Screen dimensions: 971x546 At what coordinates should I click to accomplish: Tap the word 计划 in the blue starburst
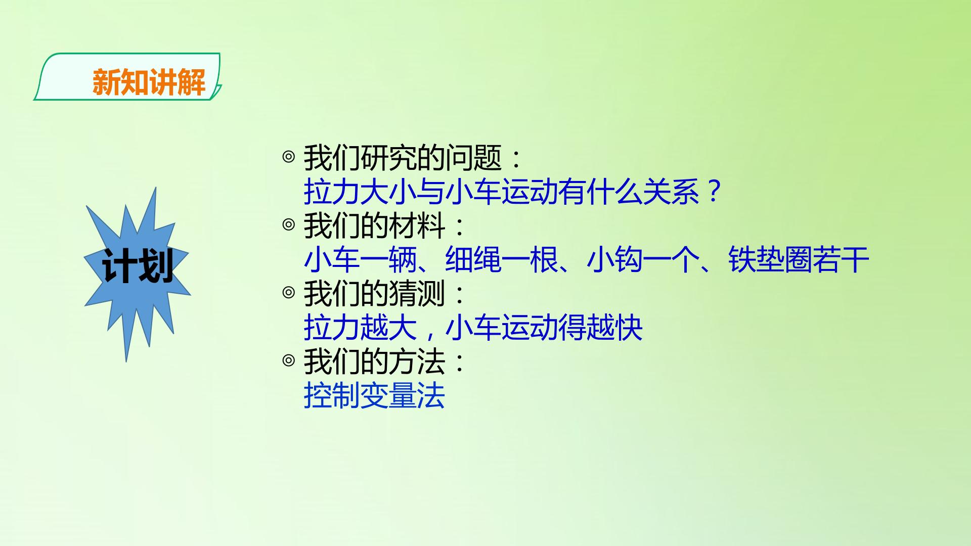pos(138,266)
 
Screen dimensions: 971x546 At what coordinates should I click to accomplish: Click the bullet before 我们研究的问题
pos(288,157)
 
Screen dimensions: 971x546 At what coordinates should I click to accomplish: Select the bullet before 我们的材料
pos(288,224)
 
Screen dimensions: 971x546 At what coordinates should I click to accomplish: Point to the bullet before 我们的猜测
pos(288,293)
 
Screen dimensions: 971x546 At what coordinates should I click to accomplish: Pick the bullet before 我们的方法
pos(288,360)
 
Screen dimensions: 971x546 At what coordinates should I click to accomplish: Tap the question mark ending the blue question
pos(714,191)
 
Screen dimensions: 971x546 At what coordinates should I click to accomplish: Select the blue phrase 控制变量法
pos(374,395)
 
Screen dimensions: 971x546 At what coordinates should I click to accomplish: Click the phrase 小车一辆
pos(360,259)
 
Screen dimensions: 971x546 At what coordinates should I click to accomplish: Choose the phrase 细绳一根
pos(501,259)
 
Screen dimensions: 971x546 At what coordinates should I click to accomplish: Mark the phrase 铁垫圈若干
pos(799,259)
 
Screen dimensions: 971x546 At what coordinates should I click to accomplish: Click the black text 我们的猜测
pos(374,294)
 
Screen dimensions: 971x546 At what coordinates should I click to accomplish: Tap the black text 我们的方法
pos(374,361)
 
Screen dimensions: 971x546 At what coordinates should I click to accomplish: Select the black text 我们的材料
pos(374,225)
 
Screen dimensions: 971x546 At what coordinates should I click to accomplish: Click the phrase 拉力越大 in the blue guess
pos(360,328)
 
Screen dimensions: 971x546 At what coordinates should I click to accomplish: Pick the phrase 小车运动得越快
pos(544,328)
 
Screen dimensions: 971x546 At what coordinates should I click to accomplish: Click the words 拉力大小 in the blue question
pos(360,192)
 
